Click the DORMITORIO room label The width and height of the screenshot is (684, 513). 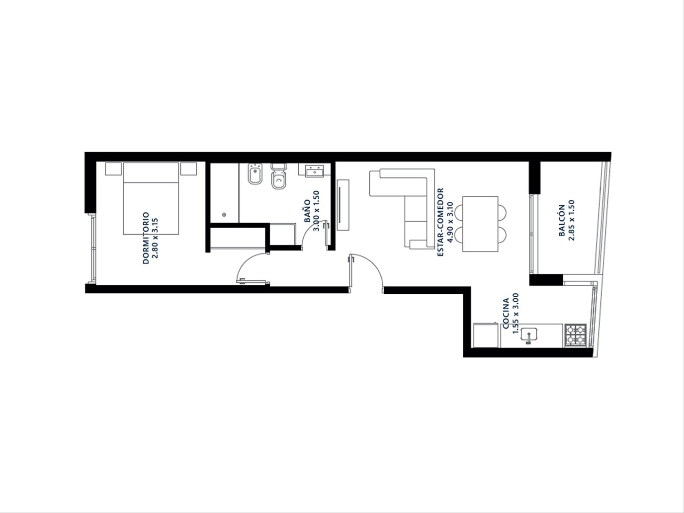click(146, 238)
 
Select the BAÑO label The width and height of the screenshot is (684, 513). click(307, 211)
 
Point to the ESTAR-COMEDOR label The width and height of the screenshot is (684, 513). click(440, 222)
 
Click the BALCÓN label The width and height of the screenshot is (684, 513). click(562, 220)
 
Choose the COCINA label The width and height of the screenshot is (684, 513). click(506, 313)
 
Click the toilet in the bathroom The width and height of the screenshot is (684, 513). click(278, 176)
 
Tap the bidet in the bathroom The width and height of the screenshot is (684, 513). click(255, 174)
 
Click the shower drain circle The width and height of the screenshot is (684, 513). click(224, 215)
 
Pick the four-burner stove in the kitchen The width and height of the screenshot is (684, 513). click(576, 335)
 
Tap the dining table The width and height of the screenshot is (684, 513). click(480, 224)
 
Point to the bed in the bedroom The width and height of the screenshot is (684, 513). click(151, 198)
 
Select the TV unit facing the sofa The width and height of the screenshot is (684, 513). click(343, 205)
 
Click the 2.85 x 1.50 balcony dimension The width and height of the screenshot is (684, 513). click(571, 220)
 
